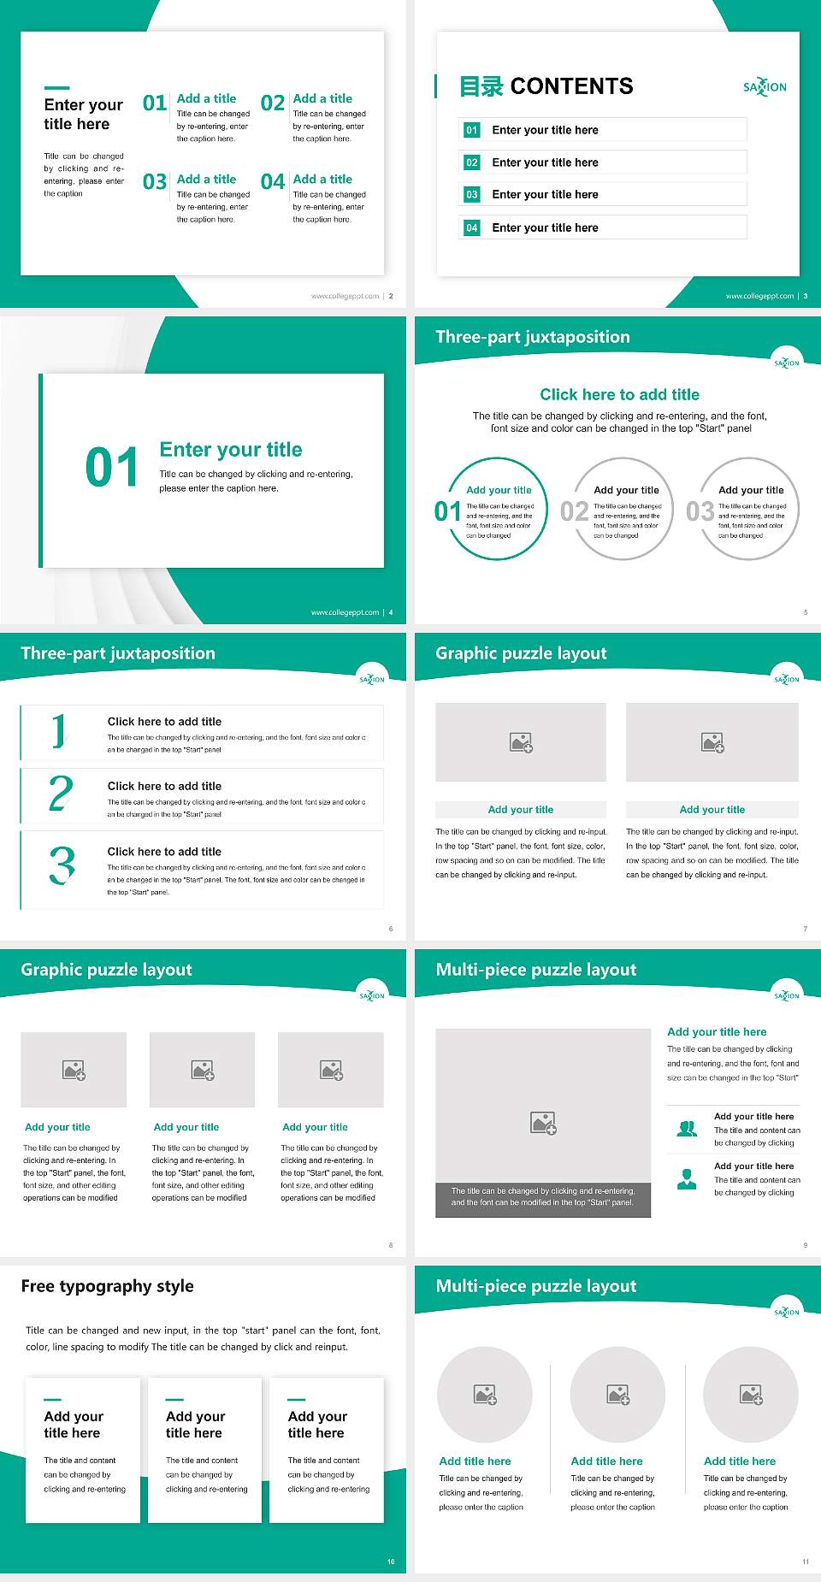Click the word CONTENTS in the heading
(x=571, y=86)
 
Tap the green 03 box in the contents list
(x=472, y=195)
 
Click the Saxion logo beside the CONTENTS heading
(x=765, y=87)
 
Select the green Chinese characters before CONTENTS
(x=481, y=86)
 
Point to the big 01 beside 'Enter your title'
(x=111, y=468)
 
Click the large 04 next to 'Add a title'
(x=273, y=182)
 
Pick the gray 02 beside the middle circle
(x=574, y=511)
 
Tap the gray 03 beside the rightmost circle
(x=700, y=511)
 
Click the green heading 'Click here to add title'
(x=619, y=394)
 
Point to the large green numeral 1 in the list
(x=59, y=731)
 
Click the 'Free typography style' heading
(x=107, y=1286)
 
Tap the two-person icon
(x=687, y=1129)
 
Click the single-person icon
(x=687, y=1179)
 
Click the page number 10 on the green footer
(x=391, y=1561)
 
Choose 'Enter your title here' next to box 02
(x=545, y=162)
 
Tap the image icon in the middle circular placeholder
(x=618, y=1395)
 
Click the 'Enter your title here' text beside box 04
(x=545, y=227)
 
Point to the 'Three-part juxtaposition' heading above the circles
(x=532, y=337)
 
